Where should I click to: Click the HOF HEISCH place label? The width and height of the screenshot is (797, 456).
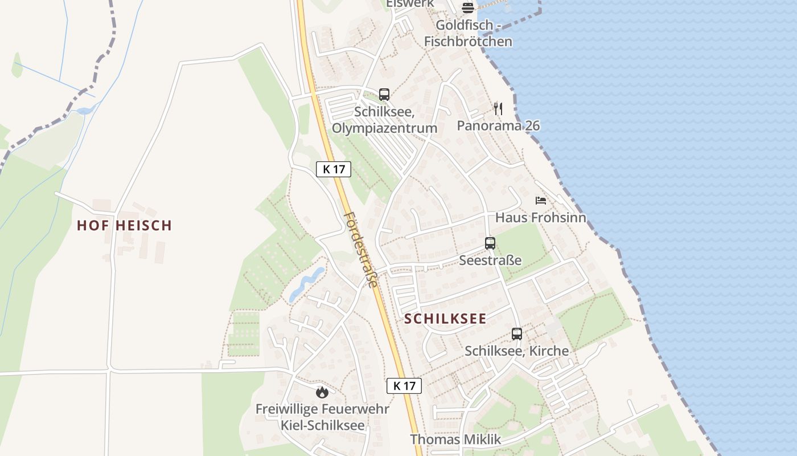pyautogui.click(x=124, y=225)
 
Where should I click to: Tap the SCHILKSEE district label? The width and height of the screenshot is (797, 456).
pyautogui.click(x=445, y=319)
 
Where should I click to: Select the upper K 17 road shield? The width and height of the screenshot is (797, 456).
pyautogui.click(x=334, y=169)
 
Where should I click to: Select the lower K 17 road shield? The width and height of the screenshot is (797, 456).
pyautogui.click(x=404, y=386)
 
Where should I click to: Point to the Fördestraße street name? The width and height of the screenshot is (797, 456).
pyautogui.click(x=361, y=250)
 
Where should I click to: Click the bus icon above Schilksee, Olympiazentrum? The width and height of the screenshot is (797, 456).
pyautogui.click(x=384, y=95)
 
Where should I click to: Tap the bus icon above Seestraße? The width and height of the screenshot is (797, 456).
pyautogui.click(x=490, y=243)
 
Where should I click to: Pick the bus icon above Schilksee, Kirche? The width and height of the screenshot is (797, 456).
pyautogui.click(x=517, y=334)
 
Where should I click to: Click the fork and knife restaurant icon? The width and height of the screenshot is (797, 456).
pyautogui.click(x=498, y=108)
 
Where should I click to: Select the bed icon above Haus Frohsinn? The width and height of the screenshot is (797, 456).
pyautogui.click(x=540, y=201)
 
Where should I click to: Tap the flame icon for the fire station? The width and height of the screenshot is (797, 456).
pyautogui.click(x=322, y=392)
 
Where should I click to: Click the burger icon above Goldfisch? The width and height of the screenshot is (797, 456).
pyautogui.click(x=468, y=8)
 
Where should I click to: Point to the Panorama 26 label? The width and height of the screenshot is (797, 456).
pyautogui.click(x=498, y=125)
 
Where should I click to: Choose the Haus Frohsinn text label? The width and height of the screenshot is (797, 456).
pyautogui.click(x=540, y=217)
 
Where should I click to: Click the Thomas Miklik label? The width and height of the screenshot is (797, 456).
pyautogui.click(x=455, y=439)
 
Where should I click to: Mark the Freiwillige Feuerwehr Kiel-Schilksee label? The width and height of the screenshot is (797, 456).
pyautogui.click(x=322, y=417)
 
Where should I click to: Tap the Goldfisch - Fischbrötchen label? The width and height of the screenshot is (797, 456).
pyautogui.click(x=468, y=33)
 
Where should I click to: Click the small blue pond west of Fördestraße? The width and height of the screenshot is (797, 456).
pyautogui.click(x=306, y=283)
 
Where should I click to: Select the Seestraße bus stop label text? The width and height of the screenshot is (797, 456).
pyautogui.click(x=490, y=260)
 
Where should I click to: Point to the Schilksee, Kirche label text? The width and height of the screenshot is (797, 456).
pyautogui.click(x=517, y=351)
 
